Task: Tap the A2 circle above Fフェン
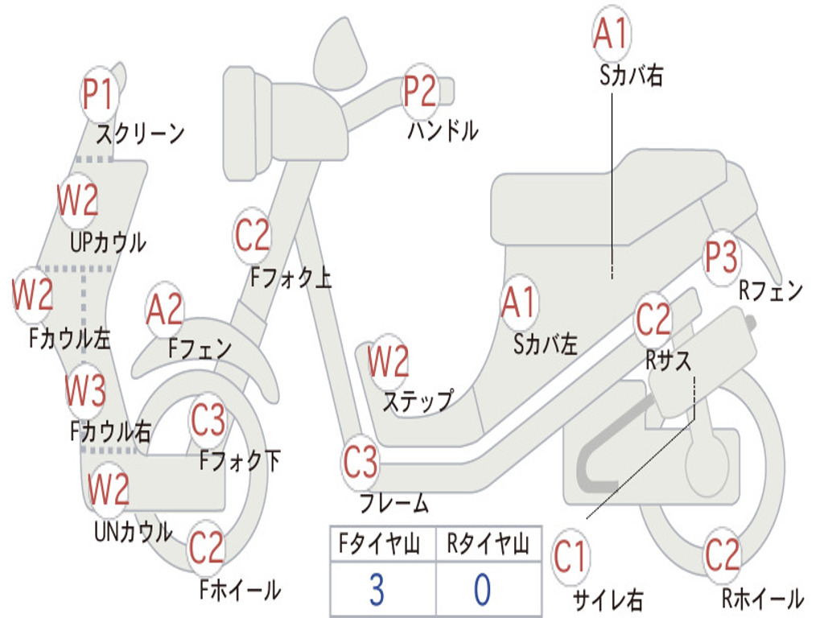click(x=165, y=310)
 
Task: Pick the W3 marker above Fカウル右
click(x=85, y=390)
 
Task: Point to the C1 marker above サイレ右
click(x=570, y=557)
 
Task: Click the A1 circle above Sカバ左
click(x=519, y=303)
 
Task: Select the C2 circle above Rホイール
click(x=722, y=555)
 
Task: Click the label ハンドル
click(x=443, y=130)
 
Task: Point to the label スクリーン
click(x=140, y=134)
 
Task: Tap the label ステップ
click(x=418, y=402)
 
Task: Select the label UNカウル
click(x=134, y=532)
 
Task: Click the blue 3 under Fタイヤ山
click(x=377, y=590)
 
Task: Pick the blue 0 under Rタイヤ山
click(x=483, y=590)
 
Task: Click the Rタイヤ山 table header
click(x=488, y=544)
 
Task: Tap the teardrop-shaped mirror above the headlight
click(x=340, y=54)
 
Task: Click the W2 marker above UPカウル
click(x=78, y=200)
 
